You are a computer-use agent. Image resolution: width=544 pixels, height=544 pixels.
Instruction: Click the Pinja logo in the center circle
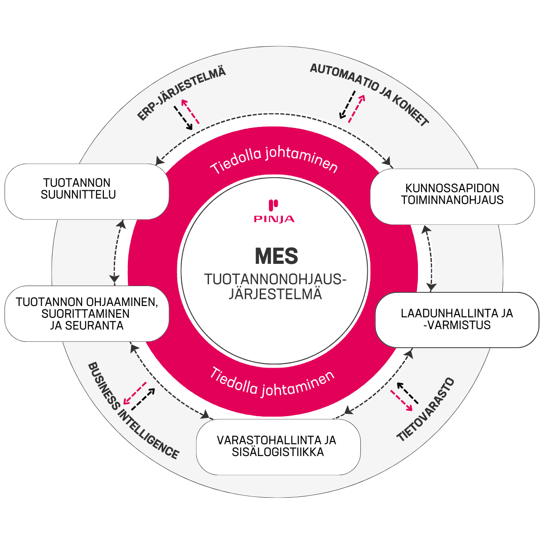[274, 211]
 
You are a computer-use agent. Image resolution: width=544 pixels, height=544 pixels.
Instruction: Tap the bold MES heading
[277, 256]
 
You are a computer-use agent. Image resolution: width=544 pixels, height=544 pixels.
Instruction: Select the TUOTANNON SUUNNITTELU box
[87, 192]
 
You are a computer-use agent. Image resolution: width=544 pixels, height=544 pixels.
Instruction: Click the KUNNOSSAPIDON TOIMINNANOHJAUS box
[452, 197]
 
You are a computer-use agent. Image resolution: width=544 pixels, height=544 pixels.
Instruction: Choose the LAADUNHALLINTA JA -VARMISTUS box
[457, 320]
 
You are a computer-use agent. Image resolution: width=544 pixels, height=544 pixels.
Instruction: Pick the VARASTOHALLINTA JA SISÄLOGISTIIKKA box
[278, 447]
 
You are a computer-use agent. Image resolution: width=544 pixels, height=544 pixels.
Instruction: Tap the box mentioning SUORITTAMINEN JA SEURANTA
[87, 314]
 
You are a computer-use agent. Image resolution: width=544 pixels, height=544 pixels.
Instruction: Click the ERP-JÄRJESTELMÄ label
[181, 93]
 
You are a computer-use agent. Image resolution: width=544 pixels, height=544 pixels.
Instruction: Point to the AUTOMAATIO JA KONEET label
[369, 94]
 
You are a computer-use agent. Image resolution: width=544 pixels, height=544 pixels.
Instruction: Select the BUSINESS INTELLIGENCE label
[133, 410]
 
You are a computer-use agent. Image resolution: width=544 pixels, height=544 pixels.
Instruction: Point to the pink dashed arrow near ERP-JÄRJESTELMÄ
[190, 111]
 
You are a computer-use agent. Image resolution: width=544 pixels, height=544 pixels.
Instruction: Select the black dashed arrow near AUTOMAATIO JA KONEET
[347, 105]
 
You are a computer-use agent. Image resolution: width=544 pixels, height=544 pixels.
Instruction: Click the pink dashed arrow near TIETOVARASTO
[402, 401]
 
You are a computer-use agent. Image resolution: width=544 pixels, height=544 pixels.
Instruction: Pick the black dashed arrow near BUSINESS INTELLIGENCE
[143, 399]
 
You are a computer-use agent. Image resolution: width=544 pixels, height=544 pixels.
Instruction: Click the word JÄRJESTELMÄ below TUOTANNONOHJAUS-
[275, 294]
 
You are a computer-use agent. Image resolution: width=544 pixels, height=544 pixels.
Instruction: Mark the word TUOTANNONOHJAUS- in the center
[275, 279]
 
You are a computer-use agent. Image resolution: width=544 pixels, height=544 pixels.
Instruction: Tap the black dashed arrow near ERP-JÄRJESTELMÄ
[183, 118]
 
